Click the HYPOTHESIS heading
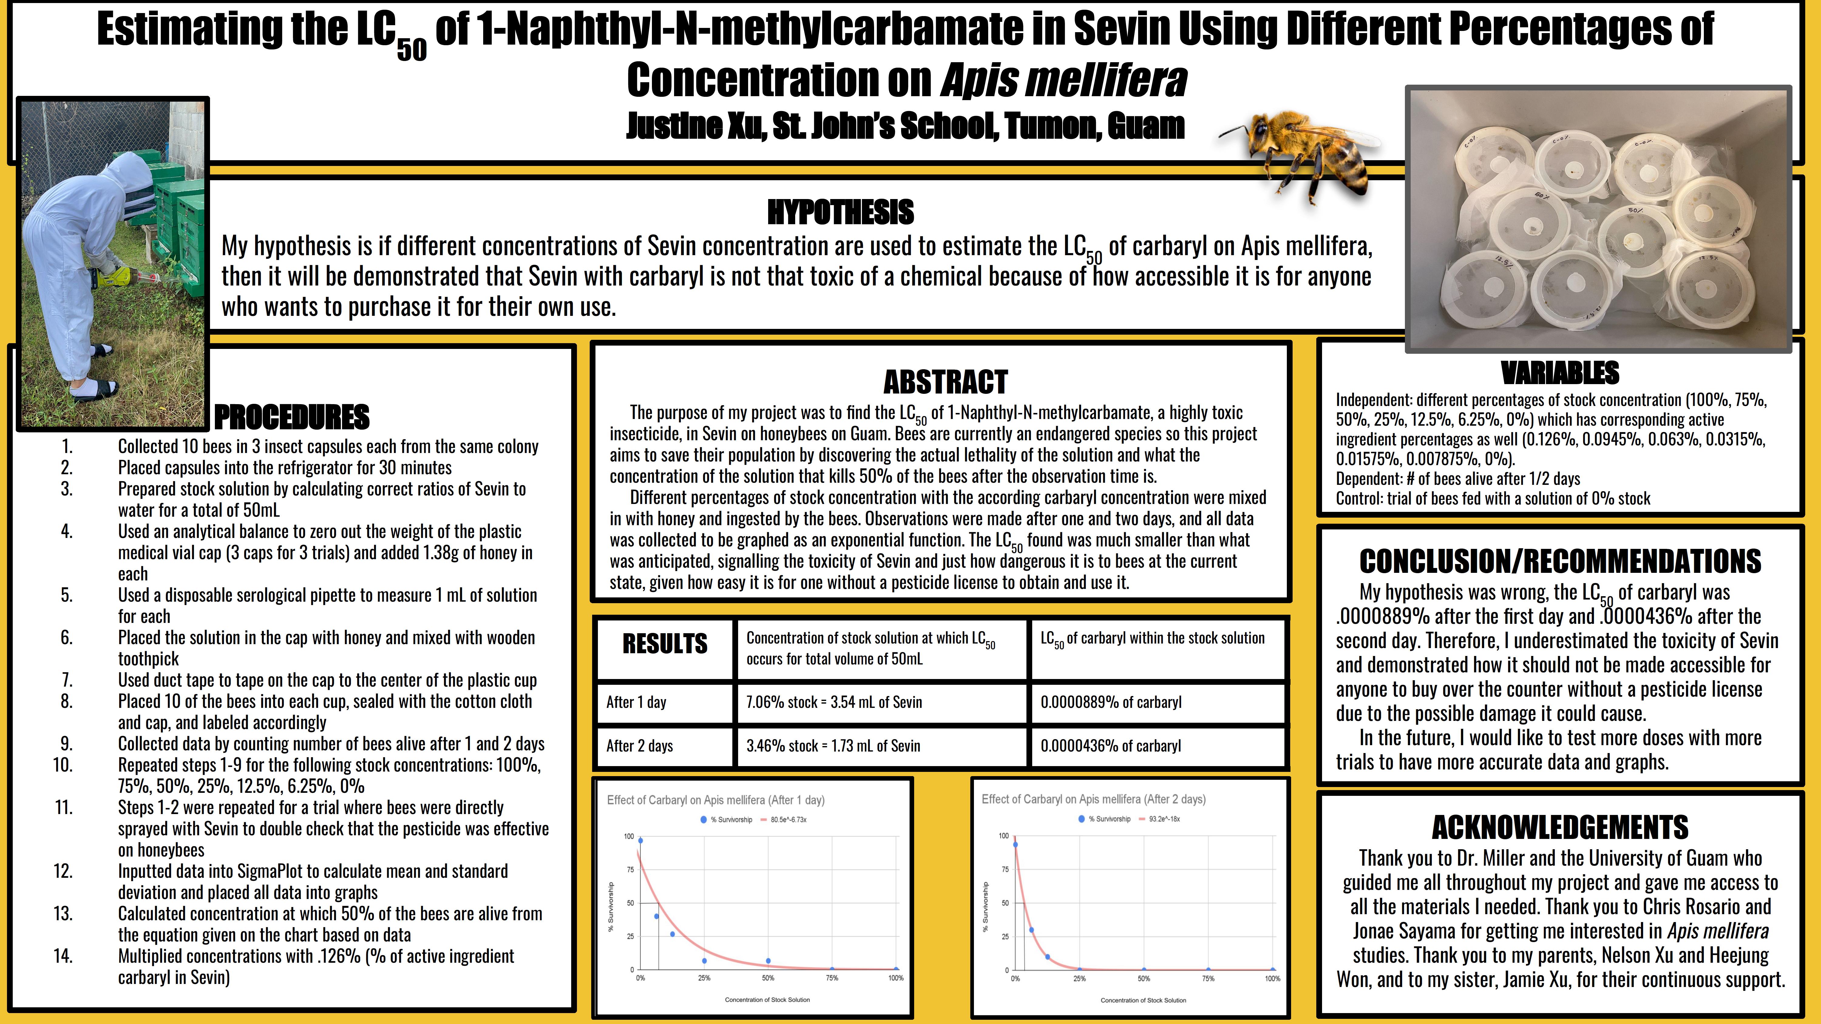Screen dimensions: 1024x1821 point(840,212)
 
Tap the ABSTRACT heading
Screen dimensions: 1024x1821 point(945,382)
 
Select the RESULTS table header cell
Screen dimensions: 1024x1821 point(664,644)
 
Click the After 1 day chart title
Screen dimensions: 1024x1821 point(715,800)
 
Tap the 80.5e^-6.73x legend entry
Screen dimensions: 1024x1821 point(788,820)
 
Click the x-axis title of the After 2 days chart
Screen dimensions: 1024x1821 point(1143,1000)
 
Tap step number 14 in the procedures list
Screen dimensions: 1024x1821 point(63,956)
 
